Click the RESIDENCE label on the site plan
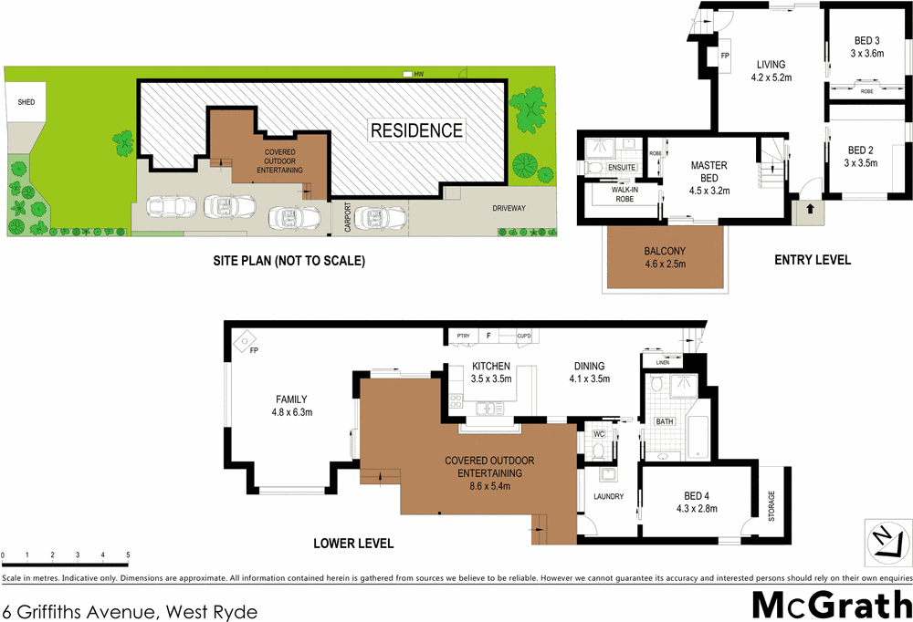416,130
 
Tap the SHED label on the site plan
26,102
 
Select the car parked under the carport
376,217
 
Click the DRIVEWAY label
509,209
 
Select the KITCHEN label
491,367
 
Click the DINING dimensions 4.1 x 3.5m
589,378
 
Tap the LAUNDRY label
607,497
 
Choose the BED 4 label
698,496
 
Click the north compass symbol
887,542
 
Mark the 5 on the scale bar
128,555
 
